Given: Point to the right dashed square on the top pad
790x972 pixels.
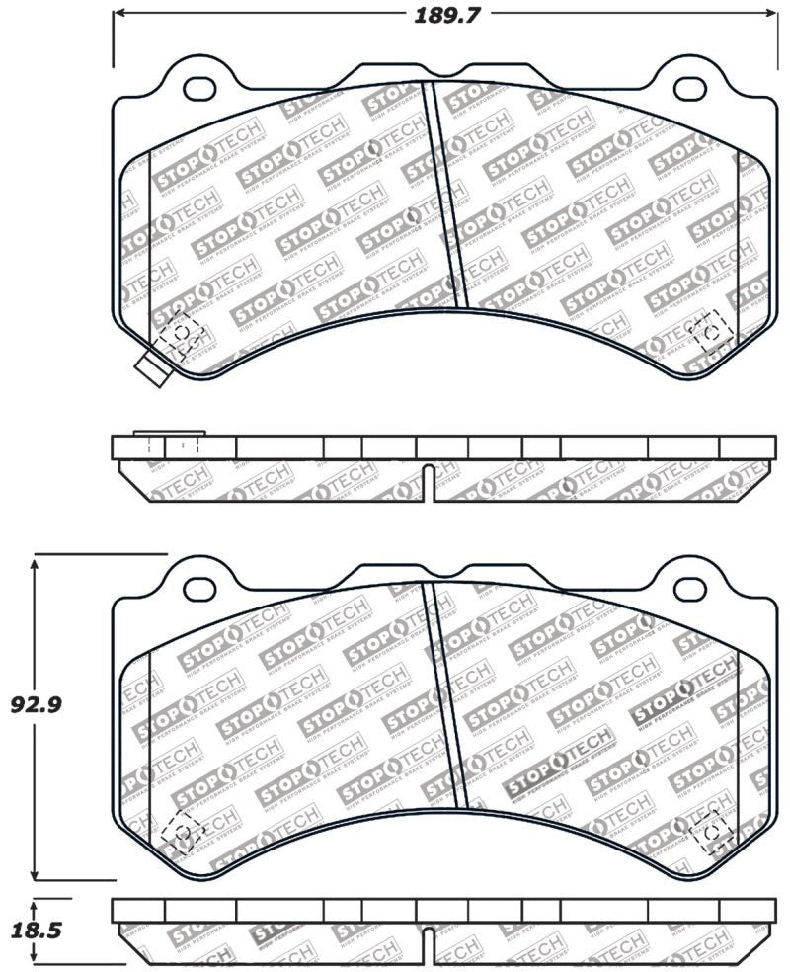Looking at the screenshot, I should [x=708, y=334].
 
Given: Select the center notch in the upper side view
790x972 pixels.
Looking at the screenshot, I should [x=427, y=479].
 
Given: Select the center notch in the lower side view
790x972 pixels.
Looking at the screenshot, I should [x=427, y=945].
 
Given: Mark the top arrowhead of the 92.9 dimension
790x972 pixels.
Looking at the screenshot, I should [x=36, y=562].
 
